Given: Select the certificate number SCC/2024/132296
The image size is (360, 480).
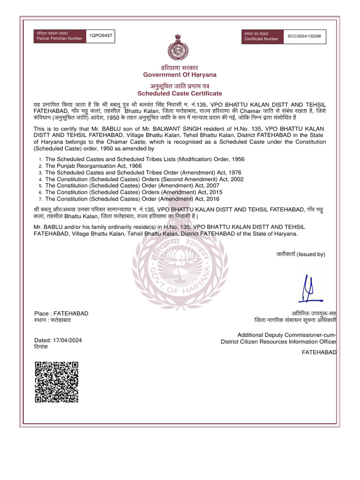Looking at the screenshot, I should coord(305,36).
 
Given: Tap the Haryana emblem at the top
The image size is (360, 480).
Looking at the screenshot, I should coord(180,47).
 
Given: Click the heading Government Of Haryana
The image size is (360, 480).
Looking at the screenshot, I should coord(180,75).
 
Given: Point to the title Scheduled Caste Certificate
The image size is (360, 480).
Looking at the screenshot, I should coord(180,94).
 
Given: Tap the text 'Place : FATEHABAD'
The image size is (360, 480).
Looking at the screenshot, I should coord(61,313).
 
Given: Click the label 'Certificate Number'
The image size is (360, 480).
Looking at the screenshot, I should coord(261,39).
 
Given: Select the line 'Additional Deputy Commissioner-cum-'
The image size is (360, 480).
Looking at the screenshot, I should coord(287,335).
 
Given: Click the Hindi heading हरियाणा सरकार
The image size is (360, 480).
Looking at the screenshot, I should coord(180,68).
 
